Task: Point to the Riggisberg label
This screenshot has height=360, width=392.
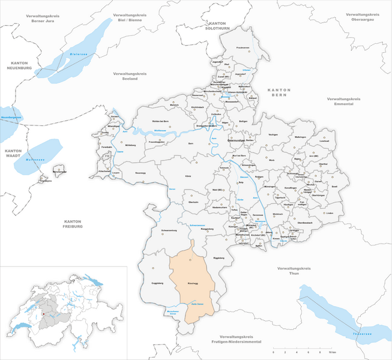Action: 207,229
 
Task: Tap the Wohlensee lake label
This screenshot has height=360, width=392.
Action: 160,130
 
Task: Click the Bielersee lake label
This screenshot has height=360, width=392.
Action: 79,53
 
